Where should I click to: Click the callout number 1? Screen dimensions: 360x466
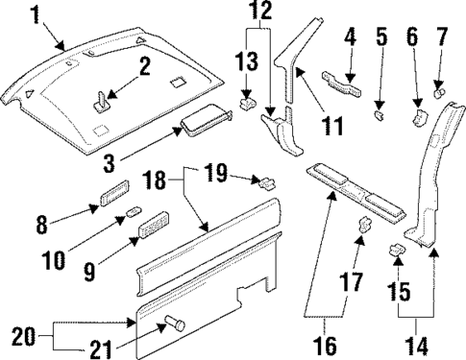click(36, 14)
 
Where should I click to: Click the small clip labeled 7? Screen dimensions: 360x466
click(439, 92)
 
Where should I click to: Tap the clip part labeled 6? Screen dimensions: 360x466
click(420, 117)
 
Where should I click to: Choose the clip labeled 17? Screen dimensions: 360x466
click(365, 228)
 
